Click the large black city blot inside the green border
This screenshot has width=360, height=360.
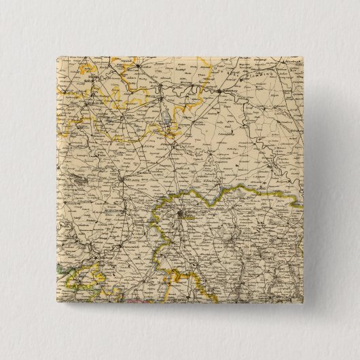[179, 216]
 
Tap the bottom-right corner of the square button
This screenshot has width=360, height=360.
[306, 306]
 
